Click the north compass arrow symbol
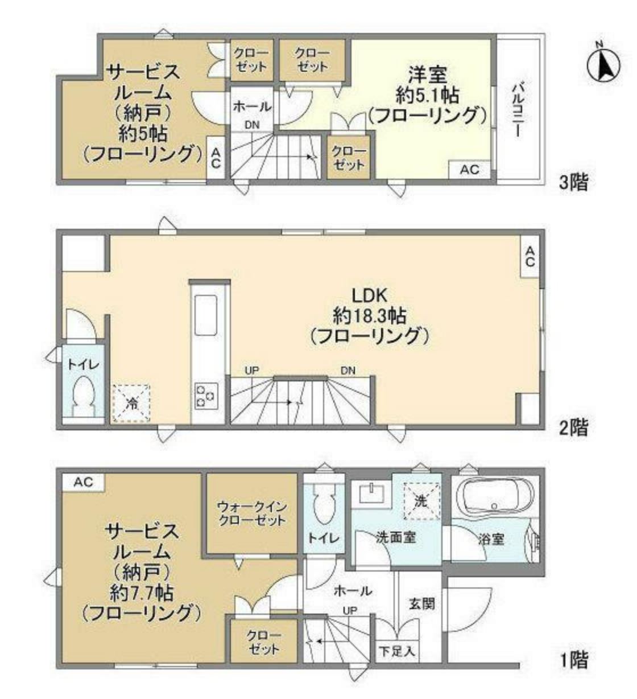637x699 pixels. pyautogui.click(x=604, y=64)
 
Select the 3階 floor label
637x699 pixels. pyautogui.click(x=573, y=183)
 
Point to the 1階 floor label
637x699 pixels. pyautogui.click(x=573, y=660)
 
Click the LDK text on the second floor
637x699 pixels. pyautogui.click(x=369, y=295)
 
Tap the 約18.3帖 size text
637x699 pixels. pyautogui.click(x=369, y=315)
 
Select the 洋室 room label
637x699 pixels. pyautogui.click(x=427, y=74)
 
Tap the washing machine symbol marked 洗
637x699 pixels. pyautogui.click(x=420, y=501)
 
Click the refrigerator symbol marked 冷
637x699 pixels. pyautogui.click(x=131, y=404)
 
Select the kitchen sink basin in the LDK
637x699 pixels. pyautogui.click(x=205, y=315)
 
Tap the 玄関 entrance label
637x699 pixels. pyautogui.click(x=421, y=603)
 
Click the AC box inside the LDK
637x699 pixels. pyautogui.click(x=530, y=257)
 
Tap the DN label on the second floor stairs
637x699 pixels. pyautogui.click(x=348, y=371)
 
